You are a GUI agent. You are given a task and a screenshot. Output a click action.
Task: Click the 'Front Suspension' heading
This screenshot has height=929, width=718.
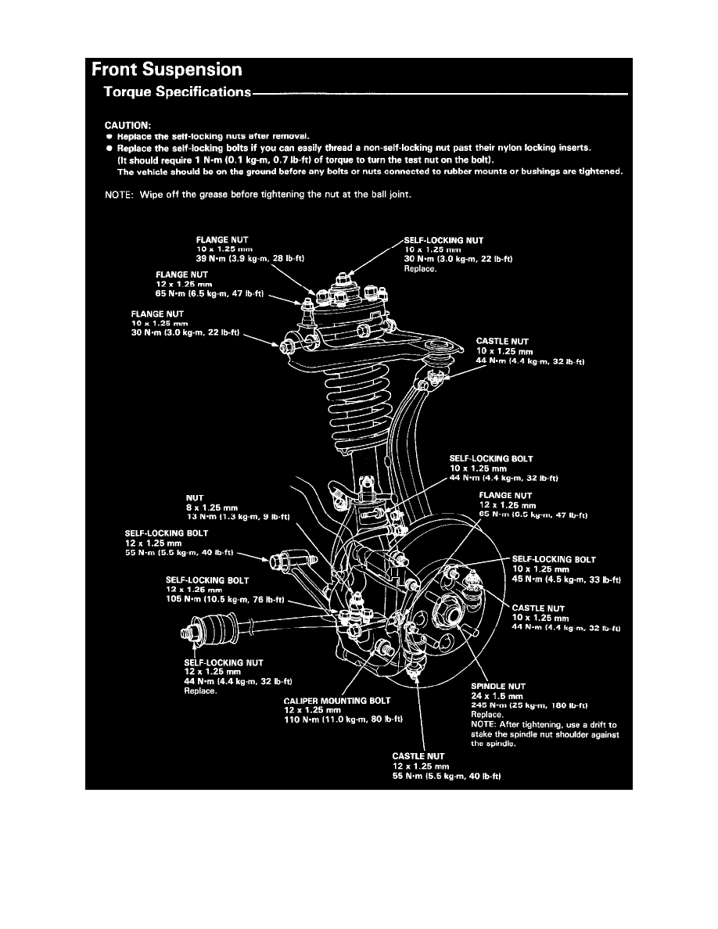click(x=166, y=70)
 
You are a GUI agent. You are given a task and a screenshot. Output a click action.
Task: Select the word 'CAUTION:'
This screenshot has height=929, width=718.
click(x=128, y=124)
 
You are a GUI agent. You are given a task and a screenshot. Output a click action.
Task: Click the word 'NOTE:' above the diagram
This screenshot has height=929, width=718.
click(x=120, y=195)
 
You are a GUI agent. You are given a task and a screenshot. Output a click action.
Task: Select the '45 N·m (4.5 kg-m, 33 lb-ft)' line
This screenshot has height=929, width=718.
click(x=565, y=579)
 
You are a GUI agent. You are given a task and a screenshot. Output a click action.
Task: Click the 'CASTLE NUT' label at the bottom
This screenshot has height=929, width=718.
click(x=418, y=756)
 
